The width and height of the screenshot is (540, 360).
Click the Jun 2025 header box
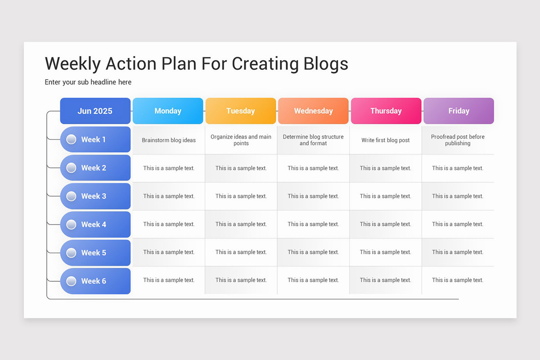(95, 111)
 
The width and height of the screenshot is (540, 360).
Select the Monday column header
(168, 111)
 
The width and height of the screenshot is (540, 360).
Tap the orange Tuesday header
(241, 111)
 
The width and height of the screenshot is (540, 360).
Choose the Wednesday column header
(313, 111)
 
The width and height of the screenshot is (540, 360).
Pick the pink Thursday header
(386, 111)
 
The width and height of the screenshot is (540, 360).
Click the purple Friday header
(459, 111)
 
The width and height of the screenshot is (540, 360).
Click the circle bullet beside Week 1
(71, 139)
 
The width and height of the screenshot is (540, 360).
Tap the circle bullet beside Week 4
(71, 224)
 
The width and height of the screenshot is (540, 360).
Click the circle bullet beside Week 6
(71, 281)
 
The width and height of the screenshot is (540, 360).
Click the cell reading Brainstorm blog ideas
(169, 140)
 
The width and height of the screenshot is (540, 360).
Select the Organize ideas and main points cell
(241, 140)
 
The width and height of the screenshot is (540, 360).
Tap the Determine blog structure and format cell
(313, 140)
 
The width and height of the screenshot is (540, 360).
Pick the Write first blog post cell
(386, 140)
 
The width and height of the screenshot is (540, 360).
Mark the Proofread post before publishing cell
(458, 140)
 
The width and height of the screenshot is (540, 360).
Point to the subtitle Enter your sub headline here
(88, 82)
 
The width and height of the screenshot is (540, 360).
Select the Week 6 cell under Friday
(458, 280)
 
